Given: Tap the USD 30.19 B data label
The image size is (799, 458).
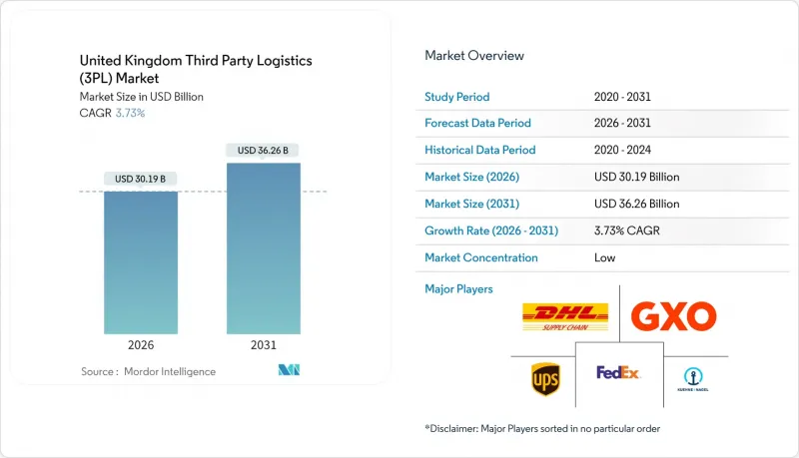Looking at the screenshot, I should [x=141, y=180].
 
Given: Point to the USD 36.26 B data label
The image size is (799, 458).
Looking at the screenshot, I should [x=264, y=151].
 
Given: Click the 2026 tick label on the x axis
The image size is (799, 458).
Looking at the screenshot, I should [x=141, y=345].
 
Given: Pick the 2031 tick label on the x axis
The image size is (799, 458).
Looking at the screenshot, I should [x=264, y=345].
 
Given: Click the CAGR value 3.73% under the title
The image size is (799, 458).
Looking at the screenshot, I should [x=129, y=113].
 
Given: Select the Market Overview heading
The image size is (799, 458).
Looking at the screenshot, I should [x=474, y=55].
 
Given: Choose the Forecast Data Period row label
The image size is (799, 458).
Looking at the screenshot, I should [x=478, y=124].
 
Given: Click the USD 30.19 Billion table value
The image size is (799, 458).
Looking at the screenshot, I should [x=636, y=177].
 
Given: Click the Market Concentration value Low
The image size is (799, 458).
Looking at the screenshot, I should [x=604, y=257].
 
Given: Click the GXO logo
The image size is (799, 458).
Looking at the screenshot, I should [x=673, y=317].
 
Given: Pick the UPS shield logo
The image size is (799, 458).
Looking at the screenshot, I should [x=545, y=378].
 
